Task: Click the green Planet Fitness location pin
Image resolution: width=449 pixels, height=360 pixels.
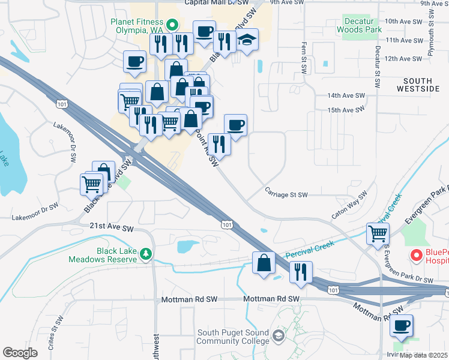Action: pos(172,25)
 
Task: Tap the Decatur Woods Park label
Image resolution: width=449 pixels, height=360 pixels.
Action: pos(358,25)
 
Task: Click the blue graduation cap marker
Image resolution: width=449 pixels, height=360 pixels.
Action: pos(247,40)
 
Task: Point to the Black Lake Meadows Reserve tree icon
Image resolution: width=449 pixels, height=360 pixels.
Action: pos(145,256)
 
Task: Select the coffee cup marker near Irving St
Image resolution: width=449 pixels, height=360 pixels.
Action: pos(401,326)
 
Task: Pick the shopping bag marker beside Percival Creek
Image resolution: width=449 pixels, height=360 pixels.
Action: pos(264,262)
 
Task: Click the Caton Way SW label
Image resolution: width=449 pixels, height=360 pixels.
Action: pos(349,206)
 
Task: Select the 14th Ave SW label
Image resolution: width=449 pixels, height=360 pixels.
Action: pos(346,95)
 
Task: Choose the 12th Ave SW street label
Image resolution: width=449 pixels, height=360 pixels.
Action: pos(403,59)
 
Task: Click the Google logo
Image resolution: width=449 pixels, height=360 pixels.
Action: pos(20,353)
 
